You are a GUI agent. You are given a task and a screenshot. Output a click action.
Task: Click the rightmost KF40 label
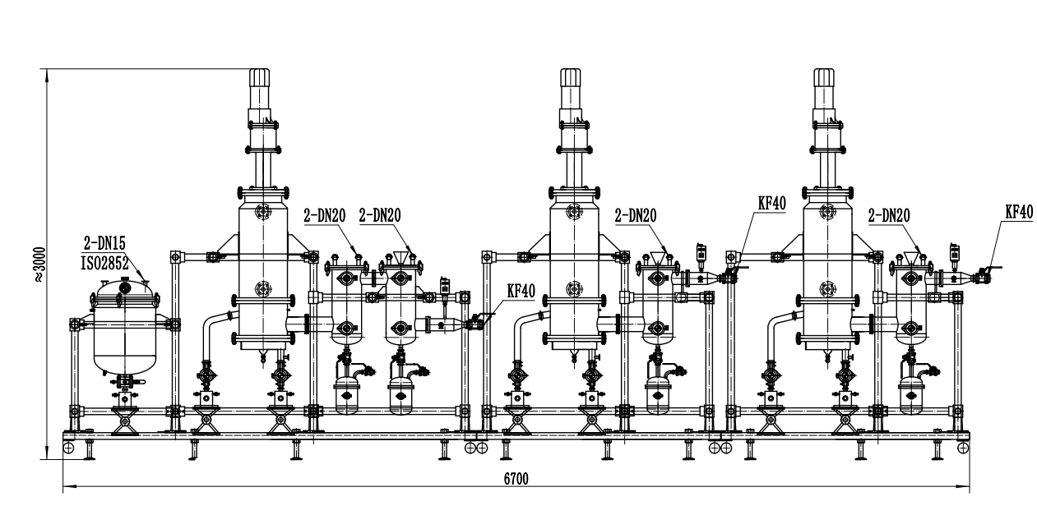[x=1019, y=211]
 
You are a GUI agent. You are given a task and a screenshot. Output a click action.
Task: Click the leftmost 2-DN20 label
[x=325, y=215]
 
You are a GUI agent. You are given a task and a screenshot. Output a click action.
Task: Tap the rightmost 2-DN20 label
[x=889, y=215]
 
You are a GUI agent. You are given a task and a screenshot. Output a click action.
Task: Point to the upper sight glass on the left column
[x=262, y=213]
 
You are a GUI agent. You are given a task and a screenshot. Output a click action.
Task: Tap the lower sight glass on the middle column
[x=572, y=289]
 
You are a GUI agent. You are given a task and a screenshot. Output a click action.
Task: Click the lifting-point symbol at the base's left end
[x=69, y=448]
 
